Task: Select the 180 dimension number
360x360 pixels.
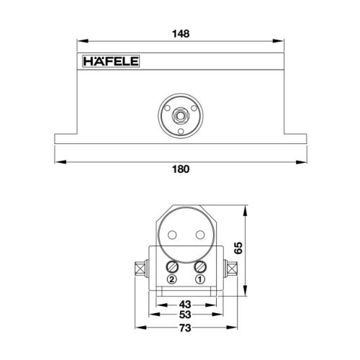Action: coord(180,170)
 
